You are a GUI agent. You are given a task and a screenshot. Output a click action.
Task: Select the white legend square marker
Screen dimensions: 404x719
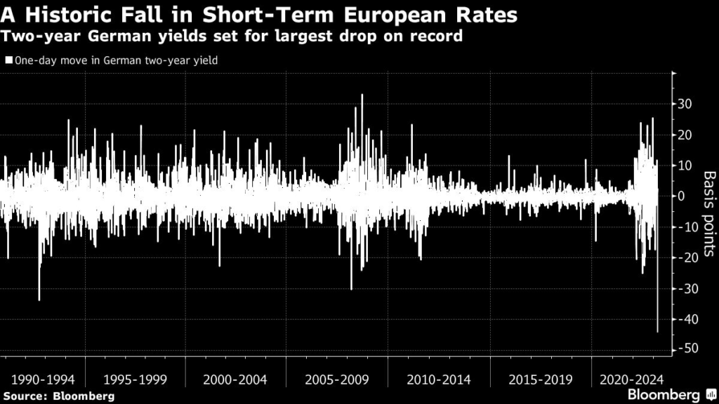point(7,61)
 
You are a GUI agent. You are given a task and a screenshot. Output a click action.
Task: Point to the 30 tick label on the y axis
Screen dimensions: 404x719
point(685,104)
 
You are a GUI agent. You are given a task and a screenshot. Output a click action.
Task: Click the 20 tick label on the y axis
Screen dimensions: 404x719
point(685,135)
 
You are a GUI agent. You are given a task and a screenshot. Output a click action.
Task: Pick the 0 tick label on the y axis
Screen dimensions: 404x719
point(682,196)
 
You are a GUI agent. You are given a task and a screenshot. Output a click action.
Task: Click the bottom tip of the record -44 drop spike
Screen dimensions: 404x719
point(657,332)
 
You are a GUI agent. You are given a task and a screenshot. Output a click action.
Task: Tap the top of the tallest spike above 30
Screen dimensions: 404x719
point(362,95)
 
